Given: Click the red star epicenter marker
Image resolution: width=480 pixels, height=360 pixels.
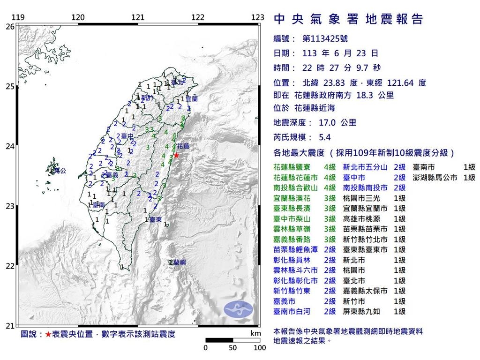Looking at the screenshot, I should (176, 155).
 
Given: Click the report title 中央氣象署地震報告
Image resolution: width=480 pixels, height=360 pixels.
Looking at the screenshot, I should (348, 19).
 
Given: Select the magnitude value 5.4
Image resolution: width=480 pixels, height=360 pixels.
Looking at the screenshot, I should (325, 138).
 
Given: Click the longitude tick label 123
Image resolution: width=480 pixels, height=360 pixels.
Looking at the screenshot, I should (257, 18).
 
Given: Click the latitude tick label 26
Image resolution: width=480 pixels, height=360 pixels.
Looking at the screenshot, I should (9, 27).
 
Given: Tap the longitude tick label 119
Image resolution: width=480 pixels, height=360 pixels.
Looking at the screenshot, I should (18, 18).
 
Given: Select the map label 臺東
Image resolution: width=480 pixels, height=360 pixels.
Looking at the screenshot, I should (156, 219).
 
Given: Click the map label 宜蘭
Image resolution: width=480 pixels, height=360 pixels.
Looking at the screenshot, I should (192, 99).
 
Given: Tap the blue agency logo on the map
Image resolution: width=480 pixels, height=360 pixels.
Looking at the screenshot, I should (238, 308).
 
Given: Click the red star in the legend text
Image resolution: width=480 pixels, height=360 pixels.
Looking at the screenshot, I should (48, 334).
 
